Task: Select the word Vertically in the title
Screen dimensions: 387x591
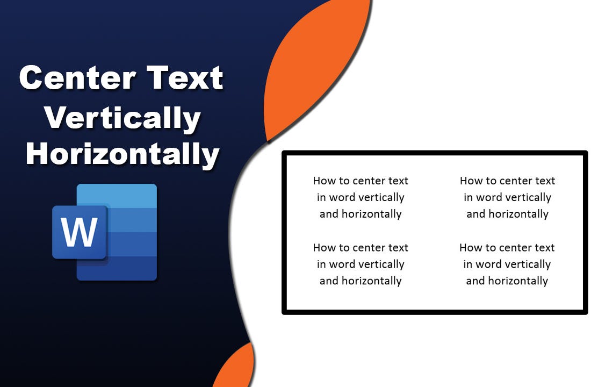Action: pos(122,118)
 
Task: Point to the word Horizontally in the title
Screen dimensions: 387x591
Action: pos(122,154)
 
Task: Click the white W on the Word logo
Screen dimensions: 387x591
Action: pos(80,232)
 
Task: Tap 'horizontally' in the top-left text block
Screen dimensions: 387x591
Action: pos(372,214)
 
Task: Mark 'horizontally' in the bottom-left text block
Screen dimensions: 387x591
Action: pos(372,281)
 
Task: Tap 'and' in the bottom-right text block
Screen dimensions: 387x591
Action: pos(475,281)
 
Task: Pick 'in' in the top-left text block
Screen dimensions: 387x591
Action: pos(321,197)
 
